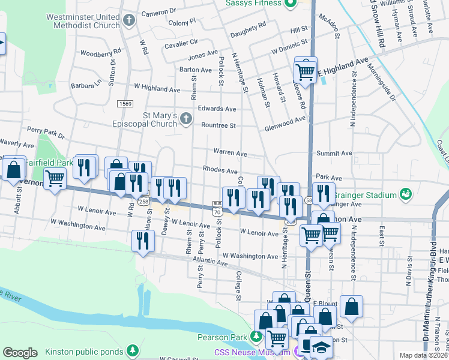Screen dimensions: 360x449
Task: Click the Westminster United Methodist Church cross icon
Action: click(128, 21)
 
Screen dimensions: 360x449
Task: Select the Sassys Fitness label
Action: click(253, 3)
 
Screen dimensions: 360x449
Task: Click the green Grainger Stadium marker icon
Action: click(406, 194)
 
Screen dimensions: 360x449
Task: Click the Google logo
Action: click(20, 353)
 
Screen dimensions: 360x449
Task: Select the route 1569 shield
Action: click(125, 104)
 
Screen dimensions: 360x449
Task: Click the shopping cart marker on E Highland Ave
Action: click(306, 71)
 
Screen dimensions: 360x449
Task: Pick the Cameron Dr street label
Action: click(159, 11)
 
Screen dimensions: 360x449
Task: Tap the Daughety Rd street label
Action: click(247, 26)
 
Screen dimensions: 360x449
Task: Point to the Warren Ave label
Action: click(231, 153)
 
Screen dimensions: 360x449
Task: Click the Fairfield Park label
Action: click(49, 162)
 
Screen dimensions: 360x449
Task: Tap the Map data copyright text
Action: click(424, 355)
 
